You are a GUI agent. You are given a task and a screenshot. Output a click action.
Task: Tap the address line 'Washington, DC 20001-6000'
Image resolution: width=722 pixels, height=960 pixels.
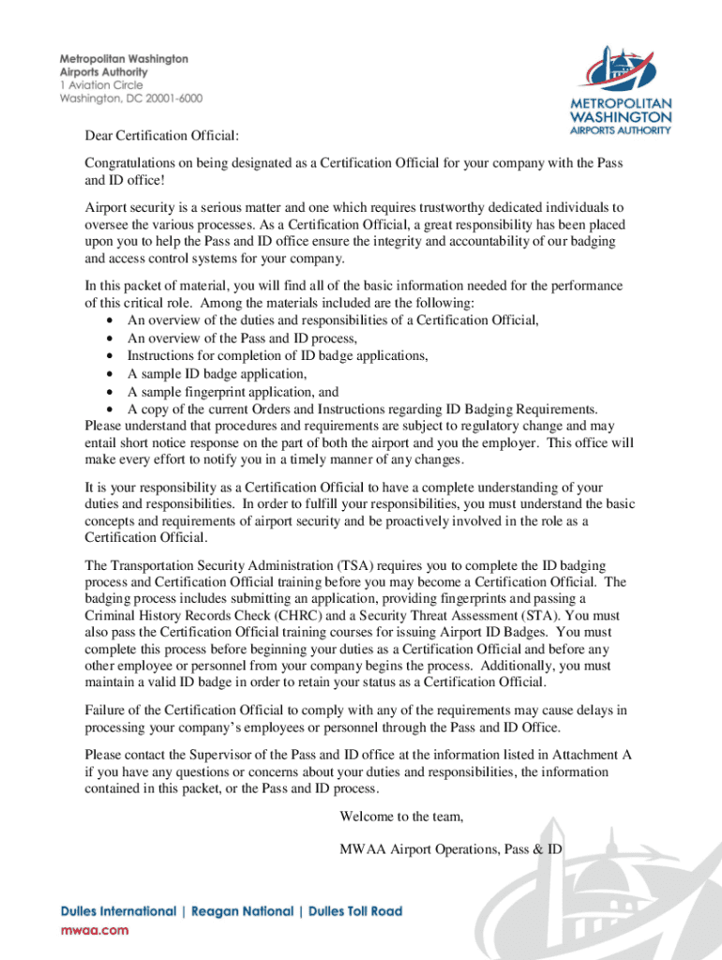pyautogui.click(x=130, y=97)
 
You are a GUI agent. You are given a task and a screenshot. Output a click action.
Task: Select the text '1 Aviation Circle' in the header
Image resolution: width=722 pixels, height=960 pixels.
pyautogui.click(x=102, y=84)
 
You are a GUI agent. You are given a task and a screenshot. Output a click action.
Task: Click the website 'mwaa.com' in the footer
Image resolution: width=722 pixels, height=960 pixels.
pyautogui.click(x=95, y=930)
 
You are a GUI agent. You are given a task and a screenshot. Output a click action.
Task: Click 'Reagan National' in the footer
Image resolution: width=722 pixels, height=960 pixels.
pyautogui.click(x=241, y=911)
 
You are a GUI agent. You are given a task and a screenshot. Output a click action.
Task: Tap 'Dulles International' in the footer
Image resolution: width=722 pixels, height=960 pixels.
pyautogui.click(x=118, y=911)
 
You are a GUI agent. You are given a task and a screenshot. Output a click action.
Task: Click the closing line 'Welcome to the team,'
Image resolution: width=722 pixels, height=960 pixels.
pyautogui.click(x=401, y=817)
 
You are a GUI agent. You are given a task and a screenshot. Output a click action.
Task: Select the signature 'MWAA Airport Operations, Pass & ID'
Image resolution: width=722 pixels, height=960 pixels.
pyautogui.click(x=450, y=849)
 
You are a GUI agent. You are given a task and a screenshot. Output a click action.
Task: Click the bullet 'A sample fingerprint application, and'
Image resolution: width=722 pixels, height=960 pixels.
pyautogui.click(x=233, y=392)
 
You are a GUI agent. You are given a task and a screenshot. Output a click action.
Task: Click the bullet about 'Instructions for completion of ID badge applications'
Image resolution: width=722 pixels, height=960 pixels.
pyautogui.click(x=278, y=356)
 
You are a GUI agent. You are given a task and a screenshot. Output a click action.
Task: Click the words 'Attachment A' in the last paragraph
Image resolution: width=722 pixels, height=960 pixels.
pyautogui.click(x=590, y=755)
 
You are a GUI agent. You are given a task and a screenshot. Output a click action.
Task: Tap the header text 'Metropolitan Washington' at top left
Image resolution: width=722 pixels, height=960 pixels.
pyautogui.click(x=124, y=58)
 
